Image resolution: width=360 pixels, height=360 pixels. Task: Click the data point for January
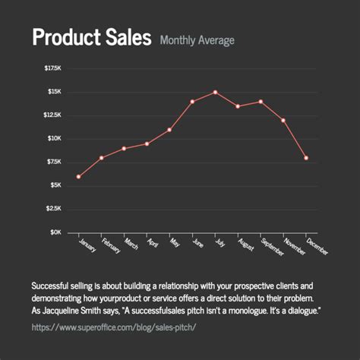78,177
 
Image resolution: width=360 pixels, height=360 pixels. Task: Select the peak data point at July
215,92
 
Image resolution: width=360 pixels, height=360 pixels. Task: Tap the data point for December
306,158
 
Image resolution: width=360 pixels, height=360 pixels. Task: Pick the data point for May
169,130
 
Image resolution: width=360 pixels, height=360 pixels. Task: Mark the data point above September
261,101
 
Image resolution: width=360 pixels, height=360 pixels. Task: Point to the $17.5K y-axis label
52,68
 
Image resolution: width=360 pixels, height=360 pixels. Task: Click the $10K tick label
54,138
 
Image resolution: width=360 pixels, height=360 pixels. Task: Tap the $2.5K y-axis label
53,208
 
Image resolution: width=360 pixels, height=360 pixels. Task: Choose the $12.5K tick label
52,115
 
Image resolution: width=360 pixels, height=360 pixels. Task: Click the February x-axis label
110,248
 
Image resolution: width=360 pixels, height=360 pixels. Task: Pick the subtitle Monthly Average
197,40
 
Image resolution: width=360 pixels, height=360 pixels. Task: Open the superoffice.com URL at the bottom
114,327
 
